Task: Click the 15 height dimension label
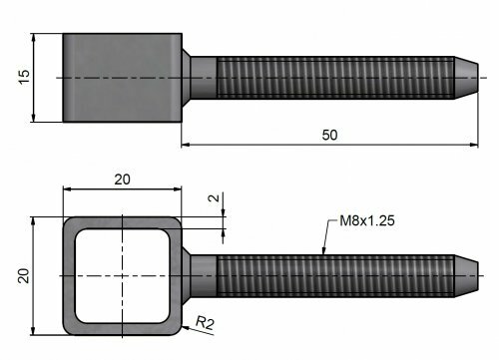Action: click(x=25, y=77)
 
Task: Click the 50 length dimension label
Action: click(x=329, y=135)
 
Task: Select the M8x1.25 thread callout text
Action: click(x=367, y=220)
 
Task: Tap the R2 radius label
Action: click(x=205, y=323)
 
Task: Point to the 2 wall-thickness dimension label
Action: click(x=215, y=198)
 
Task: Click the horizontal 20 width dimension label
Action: click(x=123, y=180)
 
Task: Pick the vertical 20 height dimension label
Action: click(x=24, y=275)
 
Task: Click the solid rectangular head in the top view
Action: click(x=123, y=78)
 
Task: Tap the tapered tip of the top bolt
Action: click(x=466, y=78)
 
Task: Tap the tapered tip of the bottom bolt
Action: click(x=466, y=276)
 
